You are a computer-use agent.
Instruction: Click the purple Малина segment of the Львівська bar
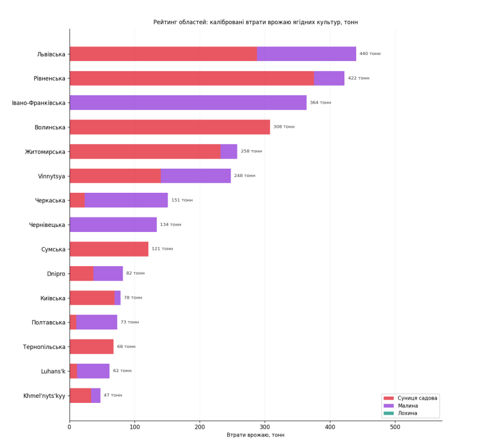(306, 54)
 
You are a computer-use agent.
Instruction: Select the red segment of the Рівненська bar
(192, 78)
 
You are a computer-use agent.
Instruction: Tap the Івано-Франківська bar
(188, 103)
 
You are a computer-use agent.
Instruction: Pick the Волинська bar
(170, 127)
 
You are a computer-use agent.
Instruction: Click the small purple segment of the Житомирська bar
(229, 151)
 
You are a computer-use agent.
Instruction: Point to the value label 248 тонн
(245, 175)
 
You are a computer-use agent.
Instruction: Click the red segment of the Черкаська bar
(77, 200)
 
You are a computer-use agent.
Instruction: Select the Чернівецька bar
(113, 225)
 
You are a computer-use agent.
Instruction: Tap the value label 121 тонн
(162, 249)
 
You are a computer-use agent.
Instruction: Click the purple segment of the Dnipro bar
(108, 273)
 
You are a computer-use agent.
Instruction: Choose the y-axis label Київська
(53, 298)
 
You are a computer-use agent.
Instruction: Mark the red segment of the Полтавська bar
(73, 322)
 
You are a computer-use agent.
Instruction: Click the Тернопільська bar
(91, 347)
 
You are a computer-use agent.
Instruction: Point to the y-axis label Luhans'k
(53, 371)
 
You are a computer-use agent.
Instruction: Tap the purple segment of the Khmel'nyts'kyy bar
(96, 396)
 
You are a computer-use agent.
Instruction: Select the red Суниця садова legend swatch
(389, 398)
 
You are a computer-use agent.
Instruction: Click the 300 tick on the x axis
(265, 428)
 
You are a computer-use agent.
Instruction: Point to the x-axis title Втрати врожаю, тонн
(255, 435)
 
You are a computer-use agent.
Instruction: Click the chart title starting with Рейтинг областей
(255, 22)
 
